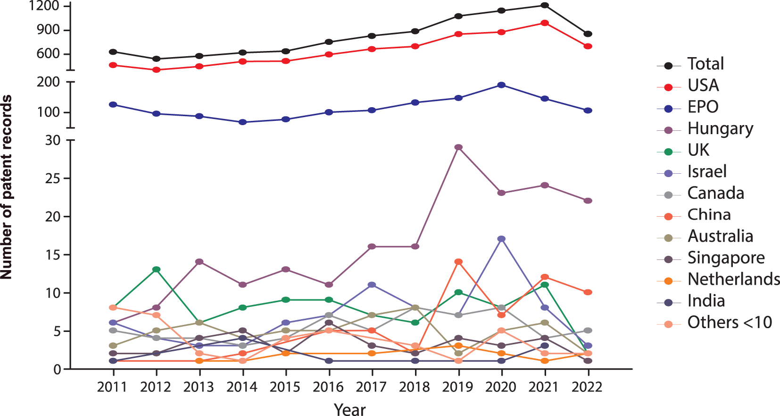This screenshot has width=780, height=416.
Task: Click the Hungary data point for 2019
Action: click(x=458, y=147)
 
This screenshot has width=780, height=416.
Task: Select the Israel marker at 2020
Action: click(x=501, y=239)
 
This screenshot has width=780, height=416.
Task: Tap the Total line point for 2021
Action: click(x=545, y=5)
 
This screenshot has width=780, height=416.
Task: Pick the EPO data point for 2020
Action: click(x=501, y=85)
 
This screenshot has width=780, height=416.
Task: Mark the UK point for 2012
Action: click(x=156, y=270)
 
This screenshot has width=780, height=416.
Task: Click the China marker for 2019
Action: click(x=458, y=262)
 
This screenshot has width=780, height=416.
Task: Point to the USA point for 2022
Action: click(x=588, y=46)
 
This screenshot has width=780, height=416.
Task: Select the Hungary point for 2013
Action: click(x=199, y=262)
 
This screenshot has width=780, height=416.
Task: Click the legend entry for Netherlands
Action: click(x=733, y=279)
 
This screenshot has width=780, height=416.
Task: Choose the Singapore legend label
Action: click(x=726, y=258)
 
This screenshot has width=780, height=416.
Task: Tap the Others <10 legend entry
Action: click(x=729, y=323)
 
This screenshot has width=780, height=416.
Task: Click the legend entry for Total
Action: click(x=705, y=64)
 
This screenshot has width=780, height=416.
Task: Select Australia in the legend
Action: click(x=720, y=236)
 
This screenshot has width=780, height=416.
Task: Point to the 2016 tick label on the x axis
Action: click(x=329, y=387)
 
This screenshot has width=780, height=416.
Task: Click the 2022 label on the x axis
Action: click(x=587, y=387)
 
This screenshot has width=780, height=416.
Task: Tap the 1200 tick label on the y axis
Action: click(x=44, y=6)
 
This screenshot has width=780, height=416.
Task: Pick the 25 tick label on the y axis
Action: click(x=53, y=178)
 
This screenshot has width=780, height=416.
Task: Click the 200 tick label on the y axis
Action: click(x=49, y=82)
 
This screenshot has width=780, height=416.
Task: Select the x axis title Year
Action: click(x=349, y=409)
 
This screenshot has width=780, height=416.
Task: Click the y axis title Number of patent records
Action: click(x=7, y=187)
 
